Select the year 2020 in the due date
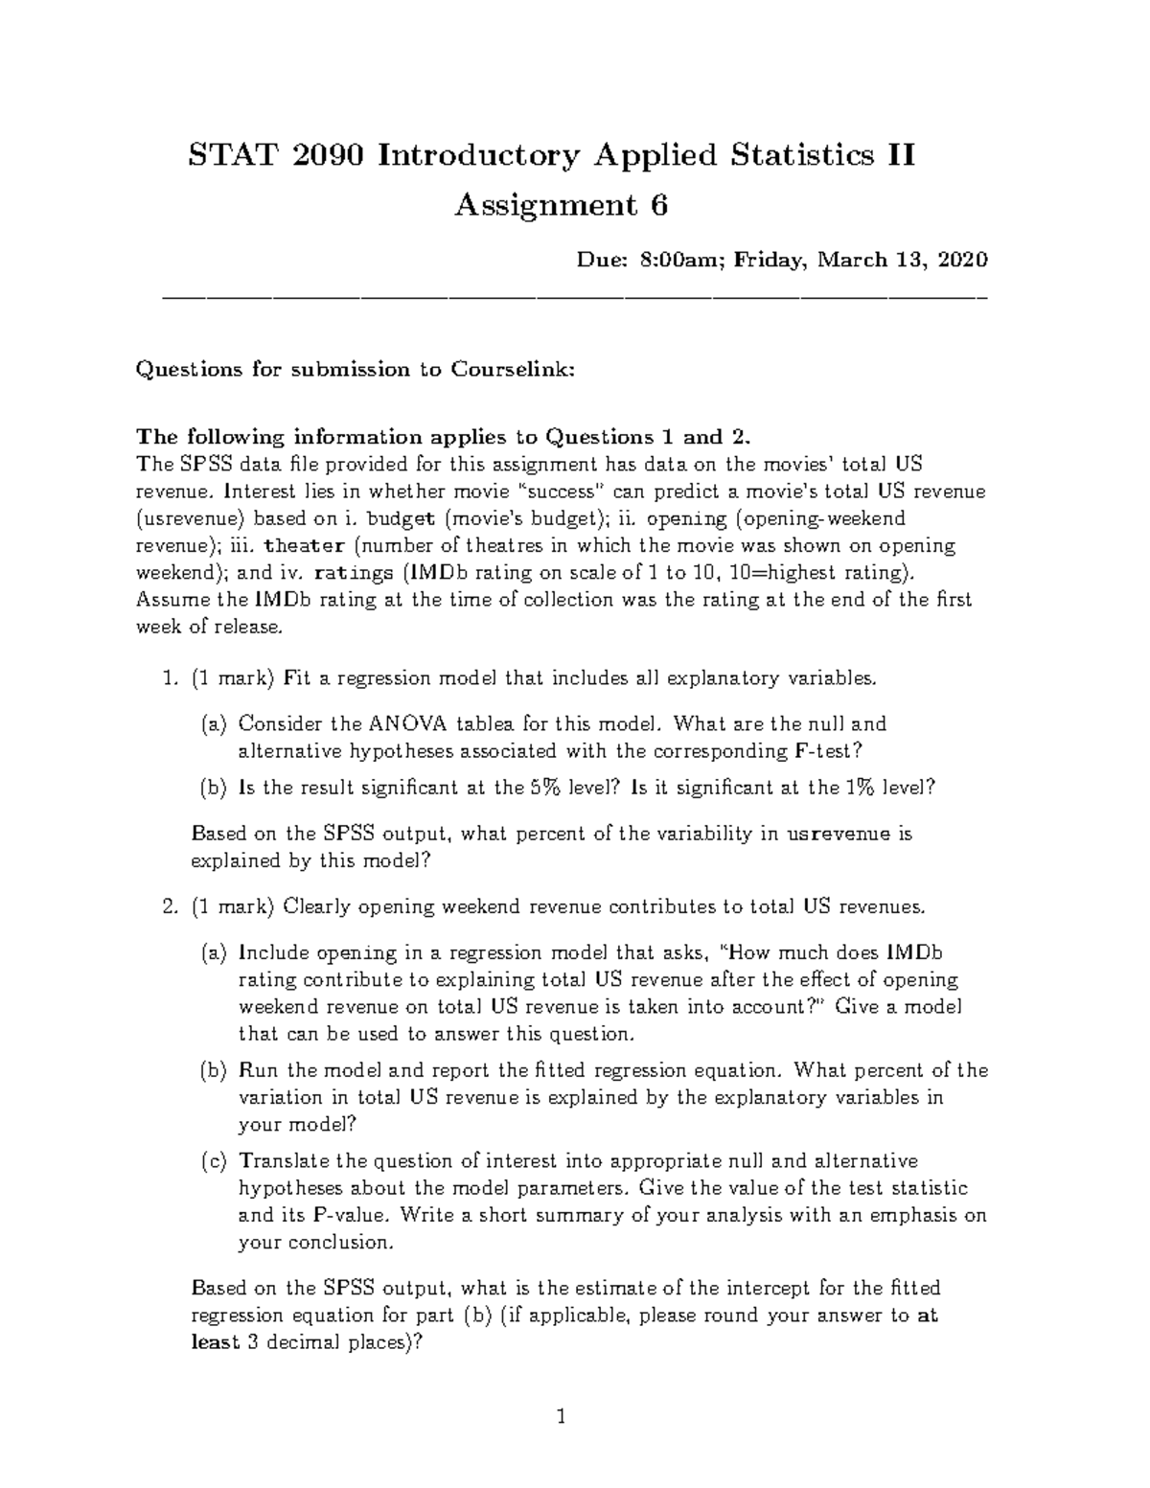[x=962, y=260]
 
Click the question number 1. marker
[x=171, y=678]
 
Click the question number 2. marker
[x=171, y=906]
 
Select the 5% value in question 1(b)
[x=540, y=788]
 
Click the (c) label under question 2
[x=214, y=1161]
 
